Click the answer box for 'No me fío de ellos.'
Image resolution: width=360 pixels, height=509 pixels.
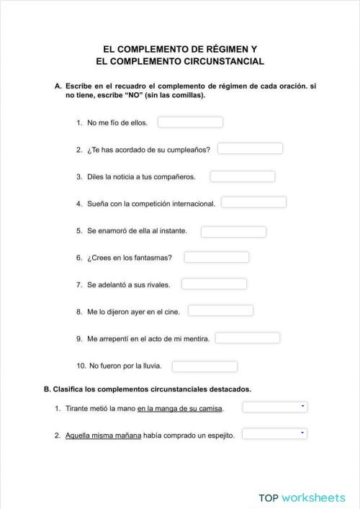[x=190, y=122]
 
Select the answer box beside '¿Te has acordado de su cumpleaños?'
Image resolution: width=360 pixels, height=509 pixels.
[x=250, y=149]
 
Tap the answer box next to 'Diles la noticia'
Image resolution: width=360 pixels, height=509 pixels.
[x=243, y=176]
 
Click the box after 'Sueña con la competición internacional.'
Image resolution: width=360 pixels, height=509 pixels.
[x=253, y=202]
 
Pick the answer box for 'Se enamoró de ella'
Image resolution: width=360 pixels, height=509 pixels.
[x=233, y=232]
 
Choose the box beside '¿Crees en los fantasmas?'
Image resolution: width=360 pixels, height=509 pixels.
[x=216, y=257]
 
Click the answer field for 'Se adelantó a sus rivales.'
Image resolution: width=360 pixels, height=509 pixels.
[x=214, y=284]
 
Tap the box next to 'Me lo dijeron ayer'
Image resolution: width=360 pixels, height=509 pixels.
[x=220, y=311]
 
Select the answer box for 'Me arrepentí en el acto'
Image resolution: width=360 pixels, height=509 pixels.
[x=248, y=338]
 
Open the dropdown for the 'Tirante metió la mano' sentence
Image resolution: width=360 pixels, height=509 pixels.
[x=275, y=407]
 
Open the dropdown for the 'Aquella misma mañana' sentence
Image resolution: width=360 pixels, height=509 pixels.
[x=275, y=434]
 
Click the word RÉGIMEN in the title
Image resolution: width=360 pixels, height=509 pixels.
[x=217, y=49]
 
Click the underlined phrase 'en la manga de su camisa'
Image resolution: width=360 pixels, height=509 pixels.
[x=180, y=409]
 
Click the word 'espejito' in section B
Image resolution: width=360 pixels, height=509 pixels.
[x=221, y=436]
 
